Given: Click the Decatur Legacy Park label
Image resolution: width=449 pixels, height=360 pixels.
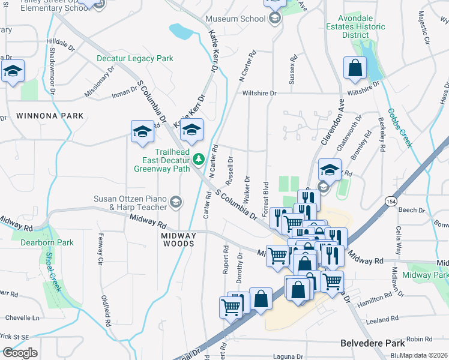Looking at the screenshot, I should click(135, 59).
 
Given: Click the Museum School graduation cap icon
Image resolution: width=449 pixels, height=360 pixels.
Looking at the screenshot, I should click(275, 19).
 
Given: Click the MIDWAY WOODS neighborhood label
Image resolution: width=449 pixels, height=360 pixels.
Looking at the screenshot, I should click(178, 240).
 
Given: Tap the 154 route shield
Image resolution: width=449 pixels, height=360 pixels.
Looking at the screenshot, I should click(391, 200).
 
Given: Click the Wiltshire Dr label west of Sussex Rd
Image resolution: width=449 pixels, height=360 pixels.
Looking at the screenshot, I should click(259, 94).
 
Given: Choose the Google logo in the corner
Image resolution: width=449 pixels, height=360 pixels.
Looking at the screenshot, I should click(20, 353).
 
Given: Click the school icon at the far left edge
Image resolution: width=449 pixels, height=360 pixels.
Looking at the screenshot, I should click(12, 71).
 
